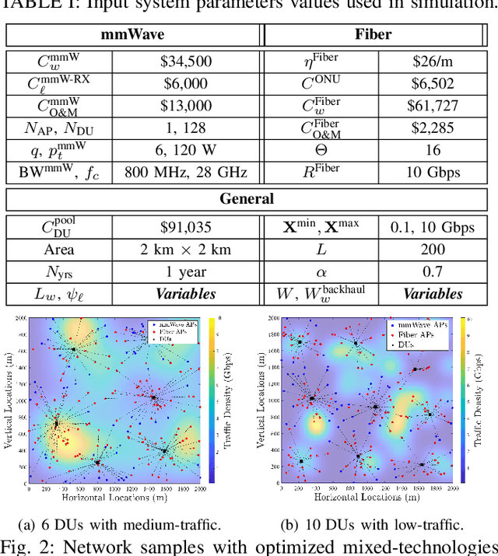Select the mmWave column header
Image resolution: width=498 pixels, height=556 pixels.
coord(134,35)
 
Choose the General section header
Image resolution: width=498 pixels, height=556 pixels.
coord(247,198)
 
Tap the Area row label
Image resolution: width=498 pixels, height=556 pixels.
coord(59,250)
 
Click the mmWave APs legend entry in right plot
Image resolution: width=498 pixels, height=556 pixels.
coord(421,326)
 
